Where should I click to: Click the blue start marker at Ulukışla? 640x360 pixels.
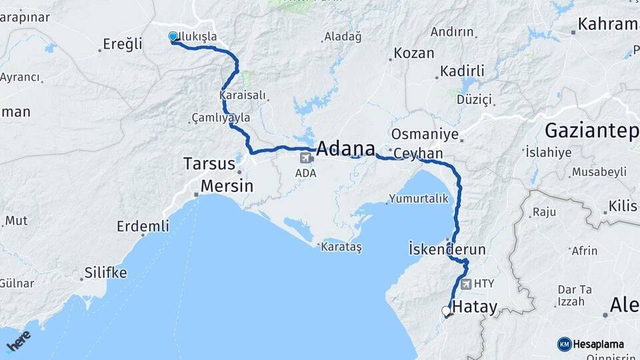coord(173,37)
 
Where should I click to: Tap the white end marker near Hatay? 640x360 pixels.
coord(446,310)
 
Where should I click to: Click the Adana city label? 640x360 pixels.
coord(345,149)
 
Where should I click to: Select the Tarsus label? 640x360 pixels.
coord(209,164)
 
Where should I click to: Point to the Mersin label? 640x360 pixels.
coord(227,186)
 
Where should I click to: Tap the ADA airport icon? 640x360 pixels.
coord(307,159)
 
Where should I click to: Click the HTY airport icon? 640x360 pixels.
coord(465,283)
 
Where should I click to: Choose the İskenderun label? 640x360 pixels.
coord(447,249)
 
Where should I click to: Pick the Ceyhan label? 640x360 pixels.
coord(418,154)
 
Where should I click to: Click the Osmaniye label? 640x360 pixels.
coord(425,134)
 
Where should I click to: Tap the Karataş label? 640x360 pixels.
coord(341,247)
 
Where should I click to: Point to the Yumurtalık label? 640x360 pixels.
coord(415,199)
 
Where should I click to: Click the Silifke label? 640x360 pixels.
coord(105,273)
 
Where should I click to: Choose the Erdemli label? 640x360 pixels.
coord(143,226)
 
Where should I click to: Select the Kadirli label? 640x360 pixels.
coord(461,71)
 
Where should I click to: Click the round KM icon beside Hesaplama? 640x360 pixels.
coord(564,344)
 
